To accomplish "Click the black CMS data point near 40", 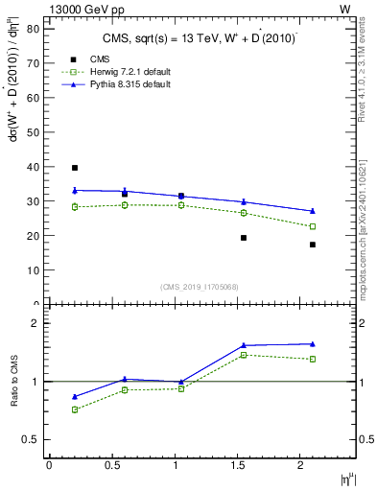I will (x=75, y=168).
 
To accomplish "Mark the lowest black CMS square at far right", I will (x=313, y=245).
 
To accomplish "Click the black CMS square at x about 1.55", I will (x=244, y=238).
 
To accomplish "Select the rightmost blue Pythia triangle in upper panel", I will (x=313, y=211).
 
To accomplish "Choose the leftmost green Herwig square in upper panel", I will (x=75, y=207).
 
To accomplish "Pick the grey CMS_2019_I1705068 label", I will (x=200, y=286).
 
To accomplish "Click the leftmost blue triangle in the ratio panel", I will (x=75, y=397).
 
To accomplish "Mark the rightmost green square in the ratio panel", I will (x=313, y=360).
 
